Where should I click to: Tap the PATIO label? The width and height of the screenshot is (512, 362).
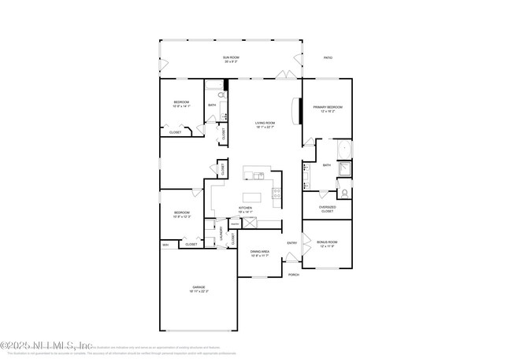coord(328,57)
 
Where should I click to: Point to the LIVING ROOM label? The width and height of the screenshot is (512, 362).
coord(264,125)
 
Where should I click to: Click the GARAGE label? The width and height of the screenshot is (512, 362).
coord(198,290)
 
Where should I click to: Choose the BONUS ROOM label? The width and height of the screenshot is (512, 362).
coord(327,244)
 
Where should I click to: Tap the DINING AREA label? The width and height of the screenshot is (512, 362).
coord(260,253)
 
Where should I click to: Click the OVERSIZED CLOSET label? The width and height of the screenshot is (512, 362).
coord(327,209)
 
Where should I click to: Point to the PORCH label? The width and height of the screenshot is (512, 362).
coord(293,275)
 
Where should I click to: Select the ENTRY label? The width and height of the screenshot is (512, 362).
coord(291,242)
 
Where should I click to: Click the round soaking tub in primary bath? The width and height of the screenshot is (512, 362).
coord(344,150)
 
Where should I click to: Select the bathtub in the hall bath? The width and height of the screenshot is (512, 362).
coord(224,111)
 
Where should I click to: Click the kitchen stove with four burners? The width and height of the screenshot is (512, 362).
coord(276,191)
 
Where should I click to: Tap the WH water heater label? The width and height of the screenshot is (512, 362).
coord(165,245)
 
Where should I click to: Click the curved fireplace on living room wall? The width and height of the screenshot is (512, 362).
coord(297,110)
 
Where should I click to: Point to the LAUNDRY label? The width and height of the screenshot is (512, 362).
coord(221,235)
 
